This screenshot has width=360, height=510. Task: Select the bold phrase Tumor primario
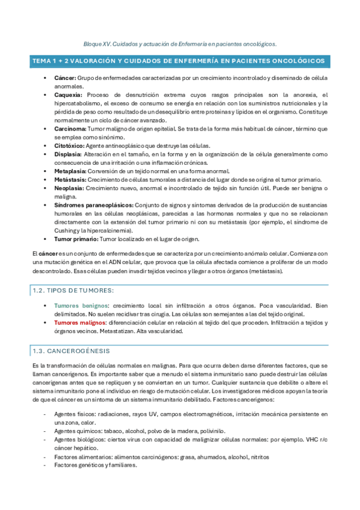coord(75,239)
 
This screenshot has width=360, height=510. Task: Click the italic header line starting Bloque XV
coord(180,44)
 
